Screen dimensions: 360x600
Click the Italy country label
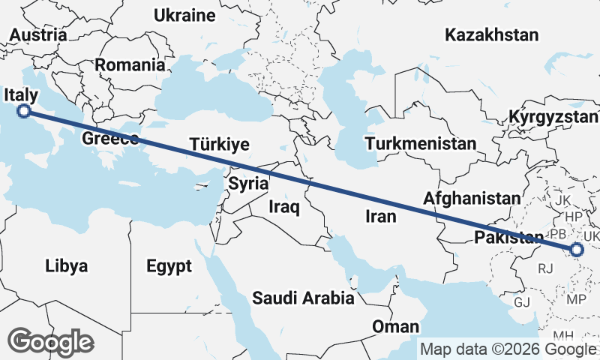21,94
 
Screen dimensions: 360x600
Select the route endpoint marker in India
577,250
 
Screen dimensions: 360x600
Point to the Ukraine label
184,15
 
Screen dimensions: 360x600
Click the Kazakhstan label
492,34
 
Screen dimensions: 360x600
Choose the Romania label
130,65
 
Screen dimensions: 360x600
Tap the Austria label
38,35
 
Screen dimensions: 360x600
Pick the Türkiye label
219,145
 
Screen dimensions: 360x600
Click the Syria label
248,183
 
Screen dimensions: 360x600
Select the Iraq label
284,206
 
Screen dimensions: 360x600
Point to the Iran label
379,217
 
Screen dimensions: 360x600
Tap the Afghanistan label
472,199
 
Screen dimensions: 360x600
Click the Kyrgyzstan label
553,117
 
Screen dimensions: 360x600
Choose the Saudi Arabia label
303,298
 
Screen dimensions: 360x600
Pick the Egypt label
169,266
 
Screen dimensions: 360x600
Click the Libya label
66,265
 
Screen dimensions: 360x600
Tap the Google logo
51,342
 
